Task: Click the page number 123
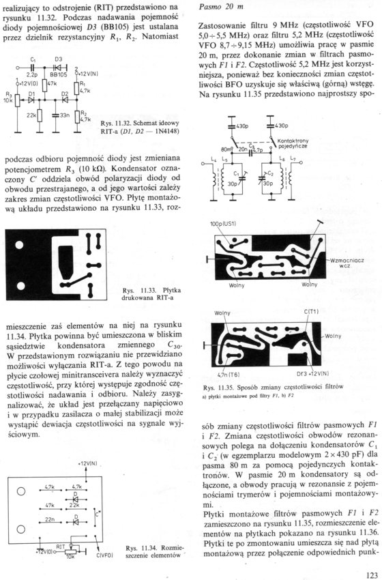click(371, 575)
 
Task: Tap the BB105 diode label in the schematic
click(59, 75)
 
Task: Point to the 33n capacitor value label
click(65, 115)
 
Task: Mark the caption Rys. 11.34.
click(141, 548)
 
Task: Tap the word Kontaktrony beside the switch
click(293, 141)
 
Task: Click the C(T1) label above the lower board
click(311, 311)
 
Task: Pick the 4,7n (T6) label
click(229, 375)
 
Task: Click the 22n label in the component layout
click(50, 519)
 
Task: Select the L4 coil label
click(213, 159)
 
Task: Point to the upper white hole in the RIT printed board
click(20, 245)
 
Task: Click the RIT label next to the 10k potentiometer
click(61, 547)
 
